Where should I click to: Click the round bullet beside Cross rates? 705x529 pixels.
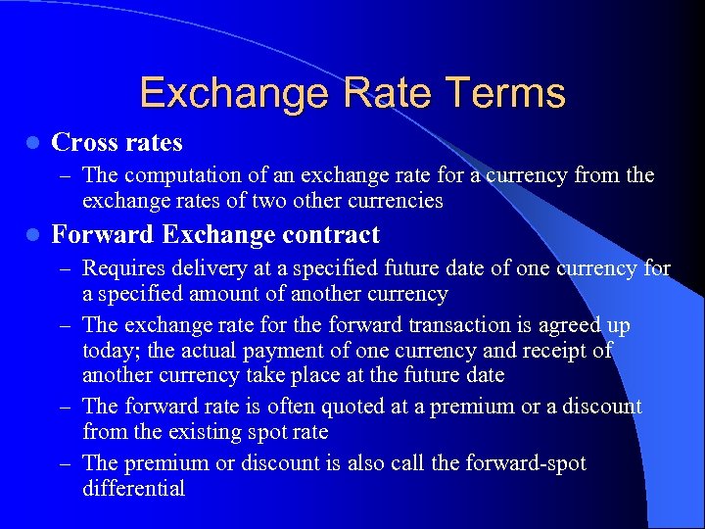pyautogui.click(x=32, y=143)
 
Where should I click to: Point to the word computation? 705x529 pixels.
pyautogui.click(x=183, y=176)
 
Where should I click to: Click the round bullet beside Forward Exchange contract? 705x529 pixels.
pyautogui.click(x=32, y=235)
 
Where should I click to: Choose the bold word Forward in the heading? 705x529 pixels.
pyautogui.click(x=103, y=235)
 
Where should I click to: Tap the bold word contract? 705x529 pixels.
pyautogui.click(x=331, y=235)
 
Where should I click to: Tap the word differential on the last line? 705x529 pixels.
pyautogui.click(x=134, y=489)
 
